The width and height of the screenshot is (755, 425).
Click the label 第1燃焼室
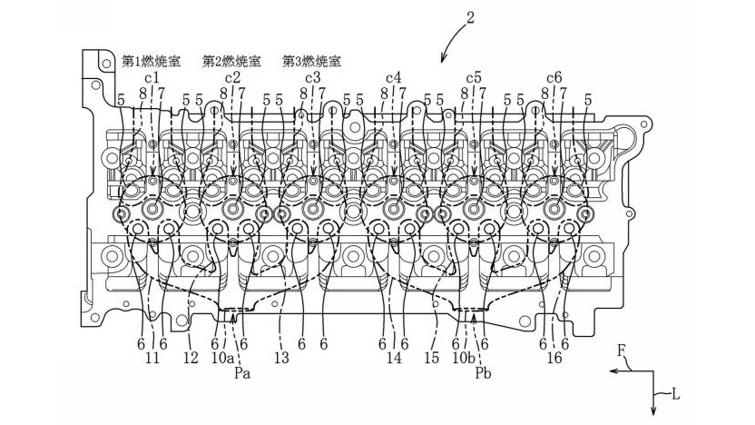pos(152,62)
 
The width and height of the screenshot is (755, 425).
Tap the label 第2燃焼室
pos(232,62)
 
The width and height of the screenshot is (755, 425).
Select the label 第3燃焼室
pos(313,62)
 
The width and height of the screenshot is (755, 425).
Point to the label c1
pos(152,78)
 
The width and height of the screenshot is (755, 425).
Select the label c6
pos(554,78)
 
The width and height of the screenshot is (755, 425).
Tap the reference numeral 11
pos(152,359)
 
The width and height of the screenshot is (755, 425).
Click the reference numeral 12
pos(191,359)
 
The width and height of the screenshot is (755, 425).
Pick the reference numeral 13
pos(282,359)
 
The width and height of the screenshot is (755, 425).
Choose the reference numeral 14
pos(393,359)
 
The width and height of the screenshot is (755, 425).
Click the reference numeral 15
pos(433,359)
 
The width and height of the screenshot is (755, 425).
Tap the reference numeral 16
pos(554,359)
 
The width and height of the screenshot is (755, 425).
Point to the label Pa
pos(240,372)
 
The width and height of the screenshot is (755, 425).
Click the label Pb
pos(481,372)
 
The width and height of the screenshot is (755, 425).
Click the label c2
pos(232,78)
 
